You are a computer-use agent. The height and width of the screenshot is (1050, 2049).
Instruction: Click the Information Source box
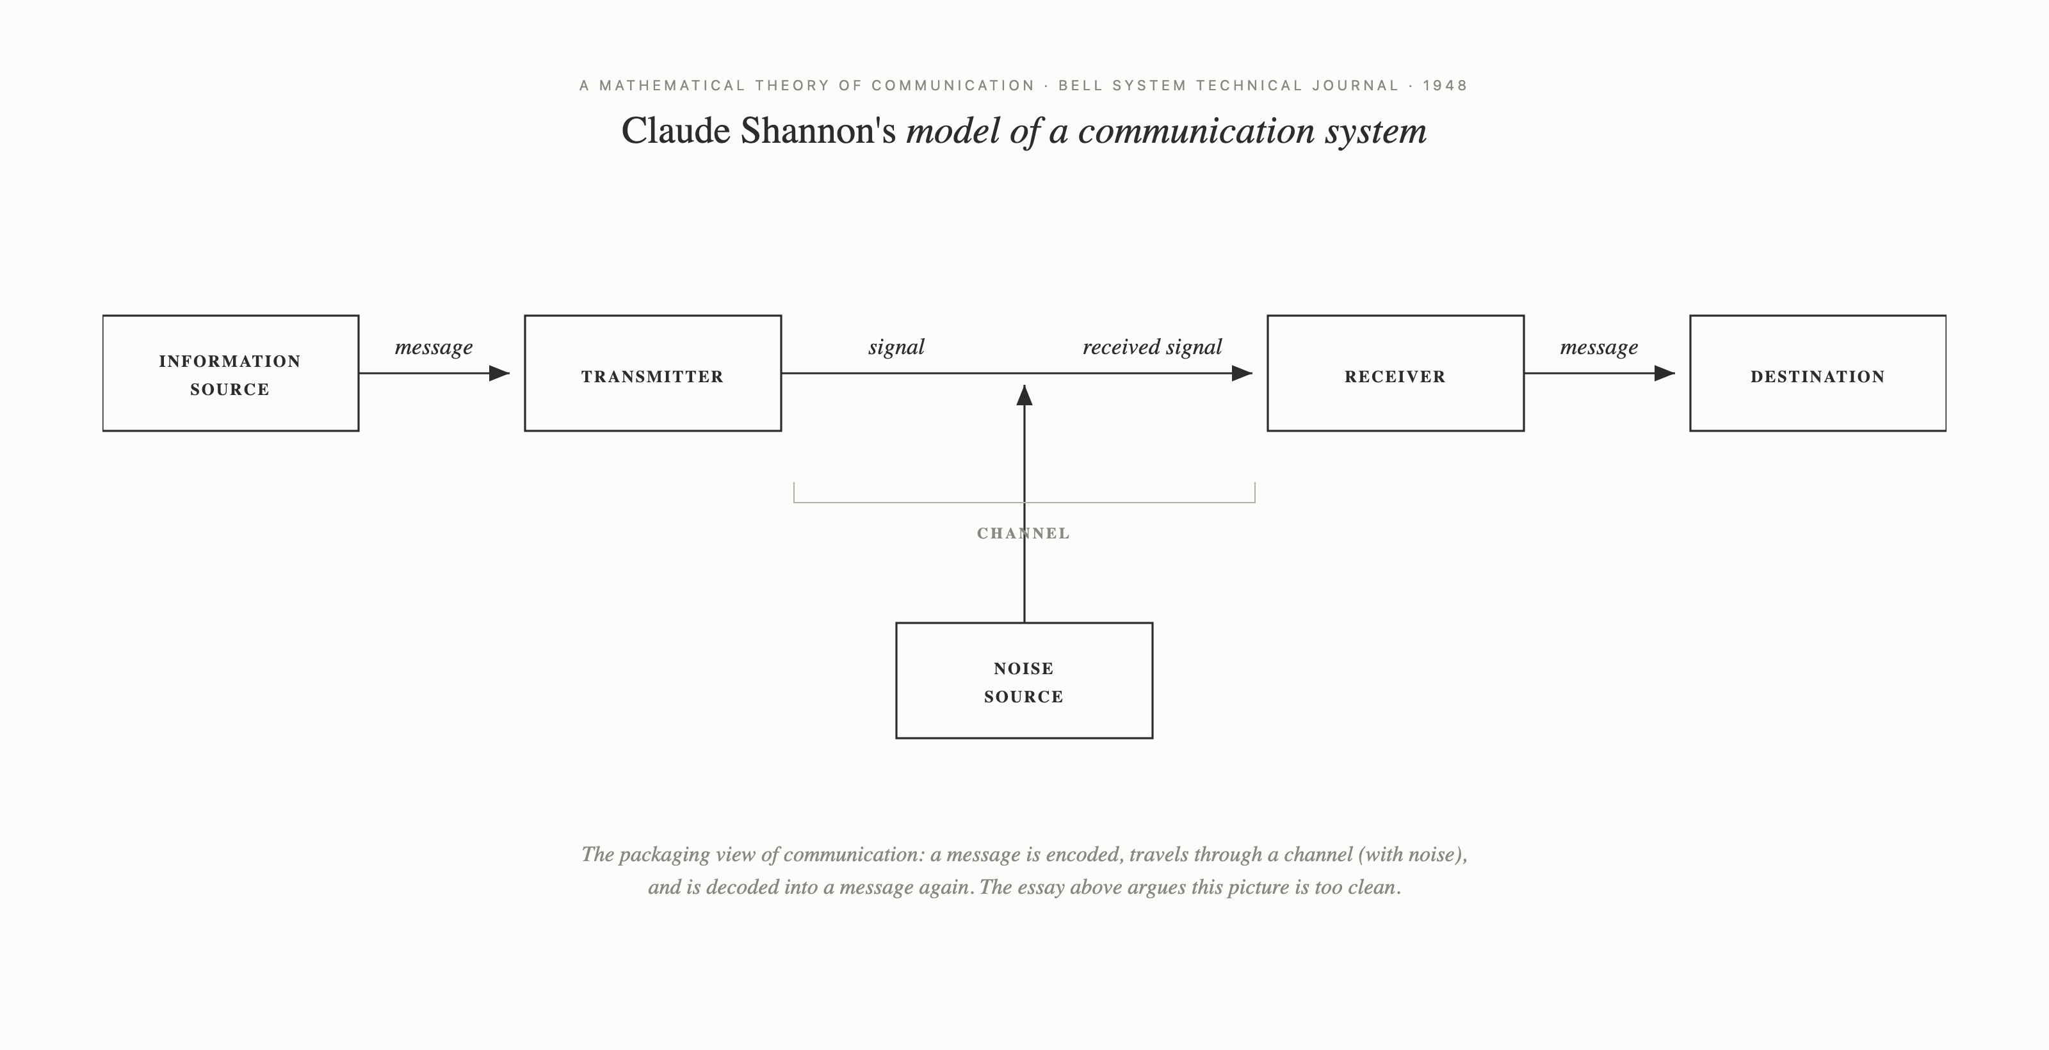(x=231, y=374)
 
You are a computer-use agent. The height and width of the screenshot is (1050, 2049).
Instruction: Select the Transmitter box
(x=652, y=374)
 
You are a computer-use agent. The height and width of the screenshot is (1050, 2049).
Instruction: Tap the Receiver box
(x=1395, y=374)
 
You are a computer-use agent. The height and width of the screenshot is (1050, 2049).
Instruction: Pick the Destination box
(x=1818, y=374)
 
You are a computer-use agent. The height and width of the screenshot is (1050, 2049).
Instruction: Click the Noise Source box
(x=1024, y=681)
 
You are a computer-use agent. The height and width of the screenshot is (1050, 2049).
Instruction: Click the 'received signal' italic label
(x=1152, y=348)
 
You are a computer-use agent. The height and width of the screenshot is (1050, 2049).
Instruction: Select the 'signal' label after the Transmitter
(x=896, y=348)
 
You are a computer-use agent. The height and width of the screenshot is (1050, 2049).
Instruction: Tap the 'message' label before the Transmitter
(x=433, y=348)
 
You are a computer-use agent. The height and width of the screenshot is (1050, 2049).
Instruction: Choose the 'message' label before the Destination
(x=1599, y=348)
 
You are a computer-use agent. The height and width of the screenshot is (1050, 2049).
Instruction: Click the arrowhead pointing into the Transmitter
(x=499, y=373)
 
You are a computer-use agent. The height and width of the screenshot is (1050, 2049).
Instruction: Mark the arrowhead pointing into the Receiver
(x=1242, y=373)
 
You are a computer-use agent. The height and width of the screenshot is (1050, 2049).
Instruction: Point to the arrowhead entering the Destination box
(x=1664, y=373)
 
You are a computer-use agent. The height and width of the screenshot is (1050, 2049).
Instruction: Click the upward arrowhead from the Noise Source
(x=1024, y=395)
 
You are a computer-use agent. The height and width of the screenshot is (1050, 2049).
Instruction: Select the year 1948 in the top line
(x=1445, y=86)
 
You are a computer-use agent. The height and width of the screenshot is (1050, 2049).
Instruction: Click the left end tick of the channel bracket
(x=794, y=492)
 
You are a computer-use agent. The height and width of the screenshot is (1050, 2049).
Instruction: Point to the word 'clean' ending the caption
(x=1372, y=888)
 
